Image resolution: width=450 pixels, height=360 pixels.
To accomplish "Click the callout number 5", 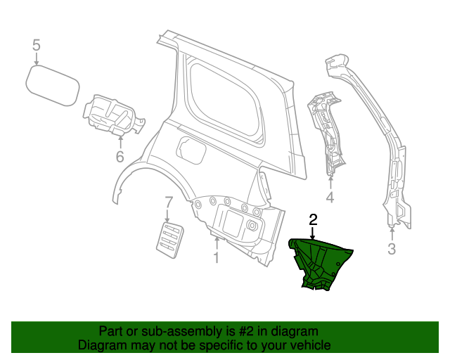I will coord(37,46).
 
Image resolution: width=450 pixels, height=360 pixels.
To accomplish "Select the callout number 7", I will coord(169,203).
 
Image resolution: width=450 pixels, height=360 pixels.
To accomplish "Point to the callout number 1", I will coord(217,258).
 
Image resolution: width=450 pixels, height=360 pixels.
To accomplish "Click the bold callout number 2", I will coord(313,219).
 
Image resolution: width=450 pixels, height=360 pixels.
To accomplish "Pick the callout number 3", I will coord(392,248).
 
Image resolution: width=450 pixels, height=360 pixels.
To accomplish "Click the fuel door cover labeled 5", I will coord(51,85).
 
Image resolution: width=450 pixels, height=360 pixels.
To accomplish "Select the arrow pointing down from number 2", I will coord(313,233).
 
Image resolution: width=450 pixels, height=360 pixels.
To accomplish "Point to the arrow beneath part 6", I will coord(120,141).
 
